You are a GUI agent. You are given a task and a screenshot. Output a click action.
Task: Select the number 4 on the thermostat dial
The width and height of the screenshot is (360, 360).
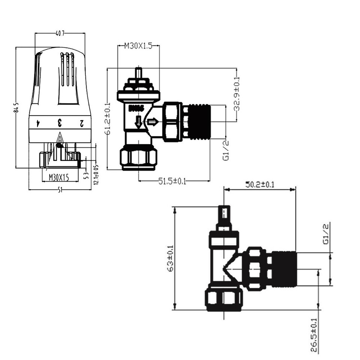pos(37,123)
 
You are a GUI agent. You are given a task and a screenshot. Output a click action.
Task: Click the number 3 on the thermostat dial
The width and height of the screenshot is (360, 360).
pos(59,123)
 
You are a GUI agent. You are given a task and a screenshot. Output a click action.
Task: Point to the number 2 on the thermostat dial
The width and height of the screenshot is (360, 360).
pos(81,123)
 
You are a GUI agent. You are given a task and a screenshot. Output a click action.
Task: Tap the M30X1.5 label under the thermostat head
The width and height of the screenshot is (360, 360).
pos(58,178)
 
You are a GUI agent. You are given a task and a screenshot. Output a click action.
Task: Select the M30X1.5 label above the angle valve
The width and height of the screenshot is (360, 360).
pos(138,46)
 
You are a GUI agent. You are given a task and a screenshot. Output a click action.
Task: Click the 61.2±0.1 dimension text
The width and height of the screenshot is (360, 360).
pos(108,119)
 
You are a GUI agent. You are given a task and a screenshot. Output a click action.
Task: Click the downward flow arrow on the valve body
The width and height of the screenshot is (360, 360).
pos(138,122)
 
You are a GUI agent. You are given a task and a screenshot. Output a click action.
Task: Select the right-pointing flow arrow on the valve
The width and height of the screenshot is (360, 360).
pos(153,122)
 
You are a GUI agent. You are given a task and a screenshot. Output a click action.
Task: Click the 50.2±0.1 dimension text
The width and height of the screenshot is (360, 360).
pos(259,184)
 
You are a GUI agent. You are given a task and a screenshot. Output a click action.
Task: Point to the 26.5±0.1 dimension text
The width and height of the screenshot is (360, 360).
pos(314,335)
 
